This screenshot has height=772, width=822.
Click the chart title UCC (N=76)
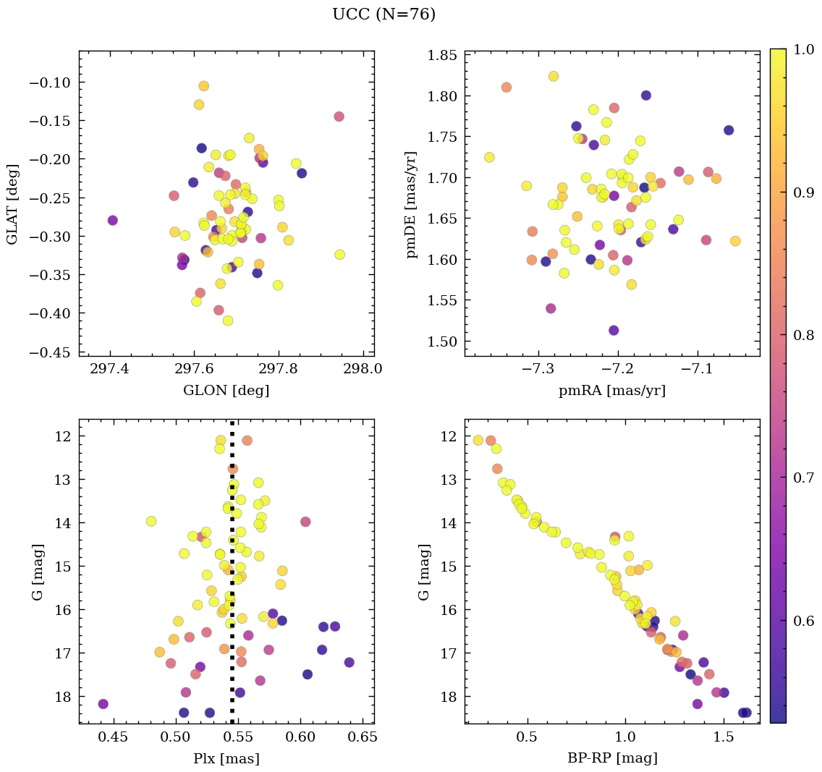(x=384, y=14)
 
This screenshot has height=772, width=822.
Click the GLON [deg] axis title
(x=226, y=391)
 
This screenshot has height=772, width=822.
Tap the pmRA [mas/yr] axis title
(x=611, y=391)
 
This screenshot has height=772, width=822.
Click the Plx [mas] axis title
(x=226, y=758)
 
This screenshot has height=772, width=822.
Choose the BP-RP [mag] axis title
(x=611, y=758)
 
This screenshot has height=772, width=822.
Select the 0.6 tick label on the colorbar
(x=804, y=621)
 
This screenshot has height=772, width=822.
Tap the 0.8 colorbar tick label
(x=804, y=336)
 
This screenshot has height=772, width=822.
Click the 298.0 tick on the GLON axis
(x=363, y=370)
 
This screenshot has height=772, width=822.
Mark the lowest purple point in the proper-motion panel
(x=614, y=330)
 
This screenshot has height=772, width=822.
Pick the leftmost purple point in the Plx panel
(x=103, y=704)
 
